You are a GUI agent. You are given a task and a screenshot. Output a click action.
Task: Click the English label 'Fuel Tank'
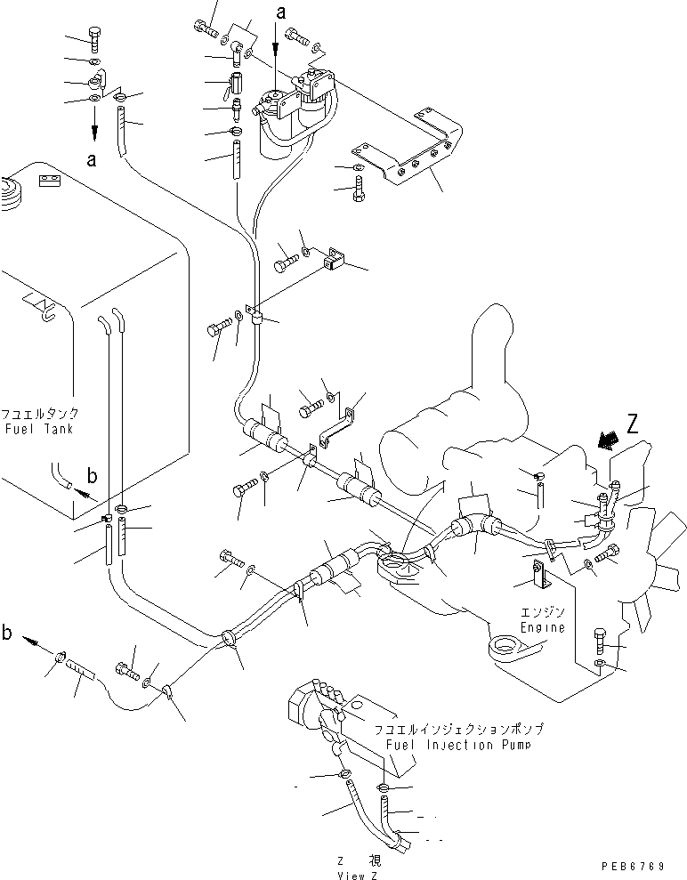coord(38,429)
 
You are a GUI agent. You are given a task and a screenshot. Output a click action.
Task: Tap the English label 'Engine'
coord(543,627)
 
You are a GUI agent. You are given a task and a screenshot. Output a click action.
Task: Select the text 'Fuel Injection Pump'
coord(457,744)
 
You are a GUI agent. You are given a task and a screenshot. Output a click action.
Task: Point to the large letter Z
coord(633,425)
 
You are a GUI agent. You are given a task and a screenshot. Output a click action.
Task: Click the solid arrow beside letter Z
coord(609,439)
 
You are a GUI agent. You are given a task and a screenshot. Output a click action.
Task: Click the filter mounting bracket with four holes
coord(409,156)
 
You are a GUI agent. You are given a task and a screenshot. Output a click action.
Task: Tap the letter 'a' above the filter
coord(282,13)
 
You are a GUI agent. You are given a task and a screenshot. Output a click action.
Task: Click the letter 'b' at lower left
coord(7,634)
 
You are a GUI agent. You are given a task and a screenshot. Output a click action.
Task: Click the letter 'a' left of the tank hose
coord(91,160)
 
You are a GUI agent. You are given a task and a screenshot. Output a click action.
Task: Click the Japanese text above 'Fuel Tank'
coord(39,414)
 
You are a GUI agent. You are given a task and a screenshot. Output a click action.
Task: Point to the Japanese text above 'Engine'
coord(543,612)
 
